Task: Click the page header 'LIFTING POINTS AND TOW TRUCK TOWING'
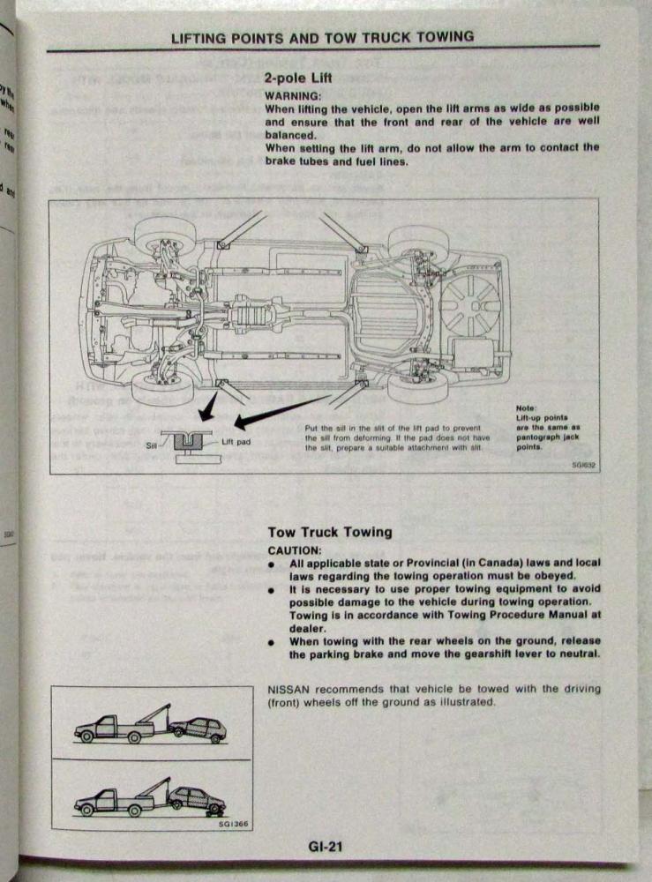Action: point(323,37)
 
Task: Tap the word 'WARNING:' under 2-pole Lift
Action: point(292,94)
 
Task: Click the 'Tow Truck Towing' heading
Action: point(329,532)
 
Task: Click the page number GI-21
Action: point(325,848)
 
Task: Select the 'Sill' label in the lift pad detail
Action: point(150,446)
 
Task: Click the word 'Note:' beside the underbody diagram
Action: point(528,407)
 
